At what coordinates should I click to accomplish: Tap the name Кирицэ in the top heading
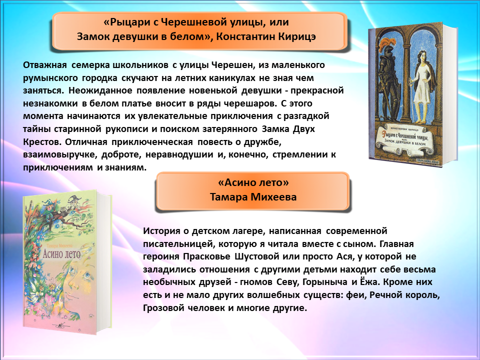(296, 36)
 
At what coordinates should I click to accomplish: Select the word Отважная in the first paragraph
(44, 65)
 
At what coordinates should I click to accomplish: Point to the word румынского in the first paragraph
(50, 78)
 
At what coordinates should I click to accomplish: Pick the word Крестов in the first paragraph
(41, 142)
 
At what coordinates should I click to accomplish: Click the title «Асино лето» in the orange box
(253, 182)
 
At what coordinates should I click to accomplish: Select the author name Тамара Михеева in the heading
(253, 197)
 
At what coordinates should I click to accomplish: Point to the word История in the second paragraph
(161, 231)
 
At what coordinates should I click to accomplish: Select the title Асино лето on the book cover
(61, 254)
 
